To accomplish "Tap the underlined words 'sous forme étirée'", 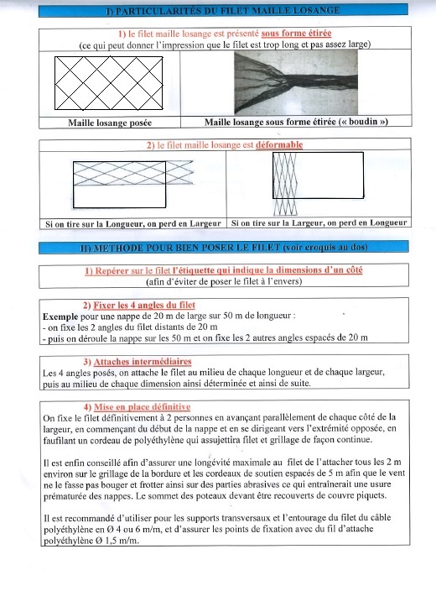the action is coord(296,34).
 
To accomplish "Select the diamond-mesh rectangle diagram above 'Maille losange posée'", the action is coord(109,83).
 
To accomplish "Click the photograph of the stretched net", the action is coord(296,82).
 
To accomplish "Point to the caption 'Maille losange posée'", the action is coord(110,123).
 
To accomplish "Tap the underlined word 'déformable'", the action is coord(279,144).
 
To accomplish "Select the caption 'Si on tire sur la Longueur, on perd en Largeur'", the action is coord(133,224).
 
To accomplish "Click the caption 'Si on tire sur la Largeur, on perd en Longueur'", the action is coord(319,222).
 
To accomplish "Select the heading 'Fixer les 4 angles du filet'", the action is coord(144,305).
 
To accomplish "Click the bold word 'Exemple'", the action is coord(60,316).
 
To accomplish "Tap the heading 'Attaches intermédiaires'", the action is coord(143,362).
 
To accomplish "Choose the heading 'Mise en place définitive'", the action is coord(142,406).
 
